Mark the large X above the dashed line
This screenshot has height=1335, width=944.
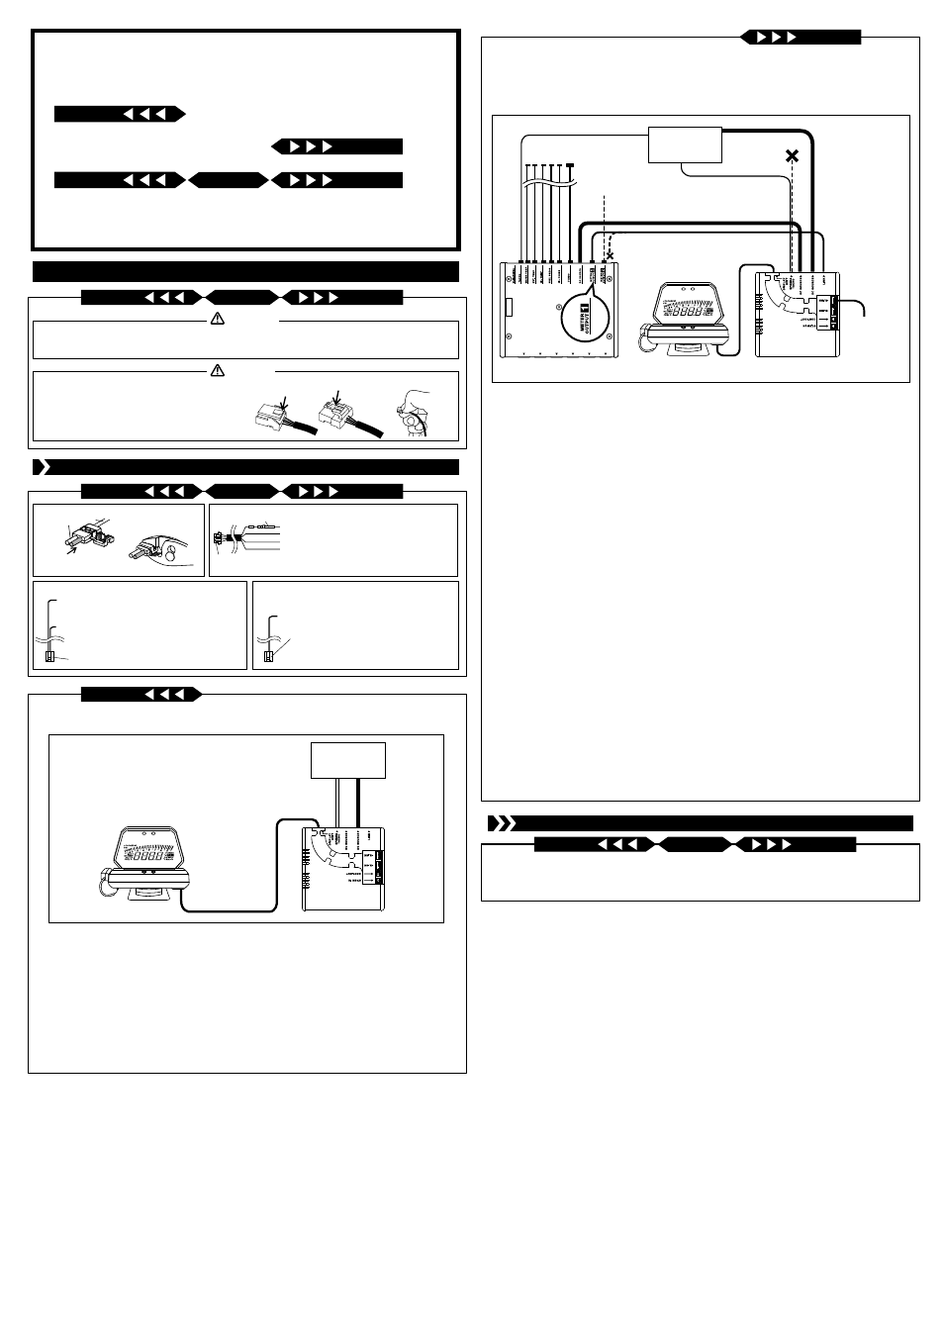point(791,155)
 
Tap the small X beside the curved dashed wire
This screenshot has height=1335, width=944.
point(610,255)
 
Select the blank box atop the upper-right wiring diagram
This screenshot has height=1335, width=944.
point(685,144)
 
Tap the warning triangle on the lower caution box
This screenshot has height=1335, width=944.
point(218,371)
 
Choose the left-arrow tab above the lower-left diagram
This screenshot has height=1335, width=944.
point(142,695)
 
